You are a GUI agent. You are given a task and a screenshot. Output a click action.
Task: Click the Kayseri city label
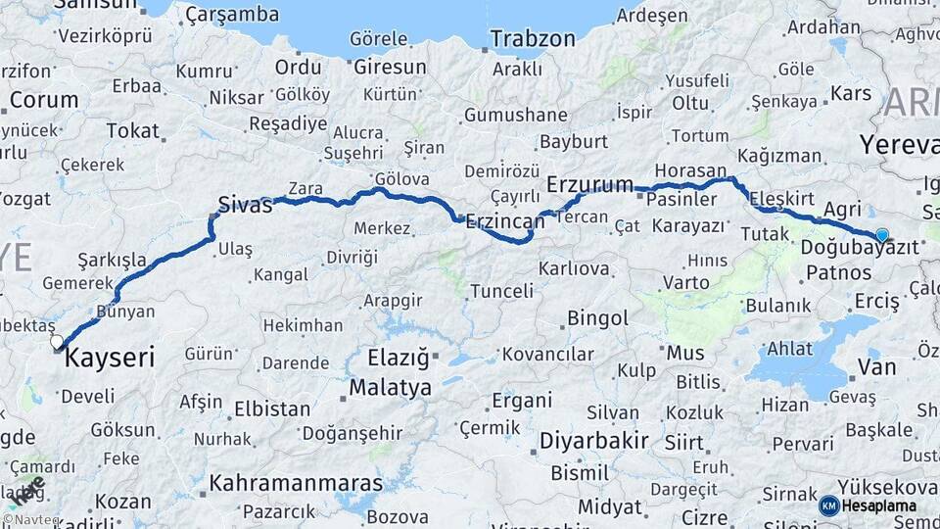(x=110, y=359)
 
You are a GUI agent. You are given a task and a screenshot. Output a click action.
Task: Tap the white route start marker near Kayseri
(x=57, y=342)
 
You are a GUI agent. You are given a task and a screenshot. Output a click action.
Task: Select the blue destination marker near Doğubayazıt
(x=882, y=235)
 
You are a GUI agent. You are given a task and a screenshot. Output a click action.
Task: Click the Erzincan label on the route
(x=505, y=220)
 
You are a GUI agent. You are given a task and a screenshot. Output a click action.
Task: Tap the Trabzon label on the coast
(x=533, y=39)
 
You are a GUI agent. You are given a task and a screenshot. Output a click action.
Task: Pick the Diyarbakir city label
(x=594, y=441)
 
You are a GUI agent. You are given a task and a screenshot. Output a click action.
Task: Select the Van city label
(x=876, y=367)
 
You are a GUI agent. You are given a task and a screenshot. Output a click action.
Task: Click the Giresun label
(x=390, y=68)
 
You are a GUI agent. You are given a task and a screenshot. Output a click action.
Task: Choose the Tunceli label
(x=501, y=291)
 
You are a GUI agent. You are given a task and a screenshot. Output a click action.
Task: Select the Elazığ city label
(x=398, y=357)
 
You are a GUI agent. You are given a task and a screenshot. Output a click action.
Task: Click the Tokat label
(x=132, y=130)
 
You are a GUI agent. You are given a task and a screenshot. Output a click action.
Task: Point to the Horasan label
(x=691, y=170)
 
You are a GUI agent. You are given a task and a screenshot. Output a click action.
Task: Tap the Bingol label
(x=597, y=318)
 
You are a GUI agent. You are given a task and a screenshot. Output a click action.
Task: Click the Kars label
(x=850, y=94)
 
